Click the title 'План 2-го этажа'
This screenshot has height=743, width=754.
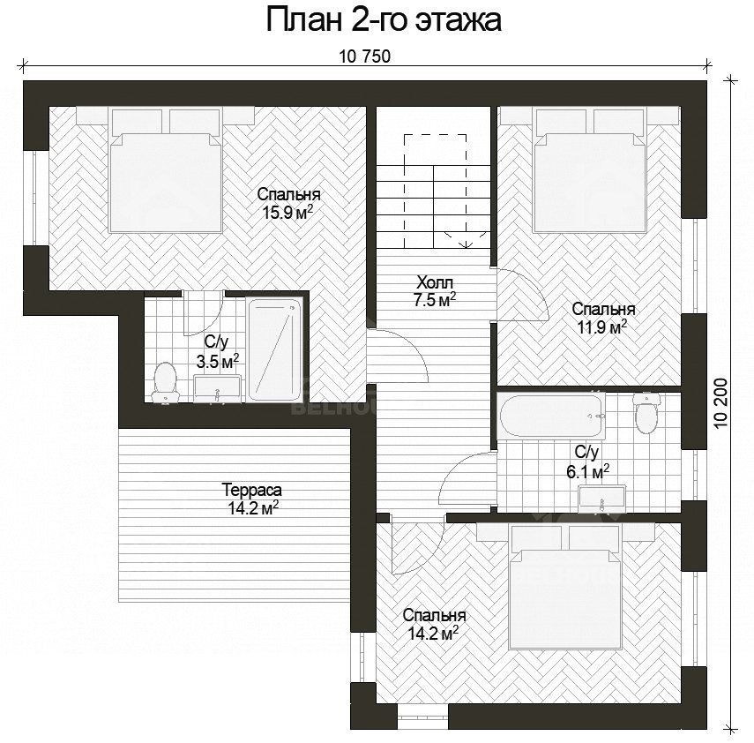pos(384,20)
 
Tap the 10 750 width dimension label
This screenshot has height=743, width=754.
pos(365,56)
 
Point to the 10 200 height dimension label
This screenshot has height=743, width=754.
pos(721,403)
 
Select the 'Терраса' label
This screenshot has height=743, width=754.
pos(252,490)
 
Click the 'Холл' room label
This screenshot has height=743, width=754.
pos(435,281)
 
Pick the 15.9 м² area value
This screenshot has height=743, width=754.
pos(287,212)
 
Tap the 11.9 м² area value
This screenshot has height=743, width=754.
pos(602,327)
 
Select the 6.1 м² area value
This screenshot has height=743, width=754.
pos(587,471)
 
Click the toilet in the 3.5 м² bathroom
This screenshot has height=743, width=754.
pos(165,382)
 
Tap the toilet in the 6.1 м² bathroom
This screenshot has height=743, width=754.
pos(646,413)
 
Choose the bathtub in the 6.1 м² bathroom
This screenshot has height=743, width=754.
pos(550,417)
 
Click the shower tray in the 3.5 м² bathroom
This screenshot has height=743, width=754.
pos(274,349)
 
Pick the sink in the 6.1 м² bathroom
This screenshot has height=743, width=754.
pos(602,498)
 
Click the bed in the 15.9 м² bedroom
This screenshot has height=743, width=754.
pos(166,170)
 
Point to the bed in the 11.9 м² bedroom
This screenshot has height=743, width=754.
pos(590,170)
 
